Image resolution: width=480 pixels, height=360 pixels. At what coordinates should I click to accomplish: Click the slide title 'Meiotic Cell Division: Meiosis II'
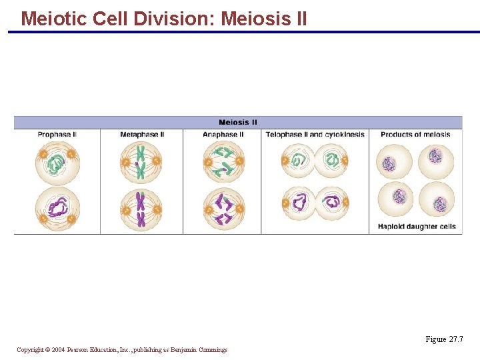pos(164,18)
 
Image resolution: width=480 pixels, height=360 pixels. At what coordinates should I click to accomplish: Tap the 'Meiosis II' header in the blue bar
pos(238,122)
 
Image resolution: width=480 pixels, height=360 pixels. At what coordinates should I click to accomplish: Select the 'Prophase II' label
pos(57,135)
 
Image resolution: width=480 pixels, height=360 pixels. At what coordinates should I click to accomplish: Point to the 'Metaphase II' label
pos(142,135)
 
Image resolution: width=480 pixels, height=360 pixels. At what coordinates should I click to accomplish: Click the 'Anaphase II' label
pos(223,135)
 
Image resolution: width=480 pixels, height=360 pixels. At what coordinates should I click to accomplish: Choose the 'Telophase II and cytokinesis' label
pos(315,135)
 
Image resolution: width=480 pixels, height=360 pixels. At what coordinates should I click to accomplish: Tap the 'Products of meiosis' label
pos(415,135)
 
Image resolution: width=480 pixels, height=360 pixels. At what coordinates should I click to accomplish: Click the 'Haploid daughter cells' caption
pos(417,227)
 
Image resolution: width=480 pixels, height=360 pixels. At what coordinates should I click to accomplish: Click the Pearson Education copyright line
pos(122,350)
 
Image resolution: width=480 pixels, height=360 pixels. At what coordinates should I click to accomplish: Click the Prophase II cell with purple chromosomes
pos(57,207)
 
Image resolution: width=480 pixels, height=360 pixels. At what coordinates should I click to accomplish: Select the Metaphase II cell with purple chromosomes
pos(141,208)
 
